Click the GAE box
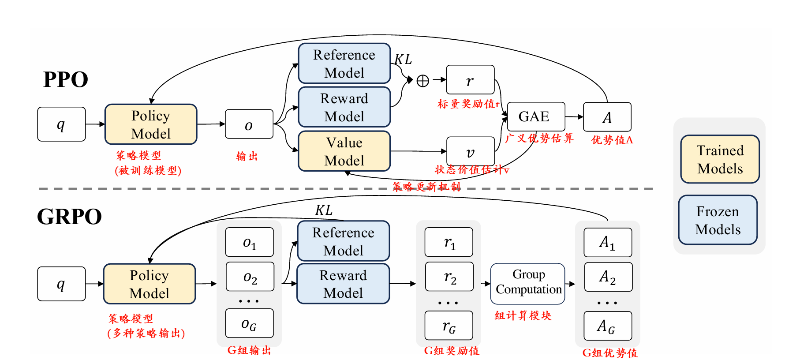536,116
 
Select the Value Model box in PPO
344,151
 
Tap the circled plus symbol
422,81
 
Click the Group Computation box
527,284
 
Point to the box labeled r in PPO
470,80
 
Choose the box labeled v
470,151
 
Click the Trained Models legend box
720,159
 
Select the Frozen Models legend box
718,220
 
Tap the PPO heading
65,80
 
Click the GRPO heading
69,217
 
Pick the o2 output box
250,277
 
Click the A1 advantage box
608,242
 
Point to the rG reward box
449,326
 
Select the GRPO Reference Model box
343,241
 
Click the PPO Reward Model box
344,107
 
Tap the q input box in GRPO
61,284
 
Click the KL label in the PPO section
403,59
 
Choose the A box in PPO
607,117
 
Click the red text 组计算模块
523,315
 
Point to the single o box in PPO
249,124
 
